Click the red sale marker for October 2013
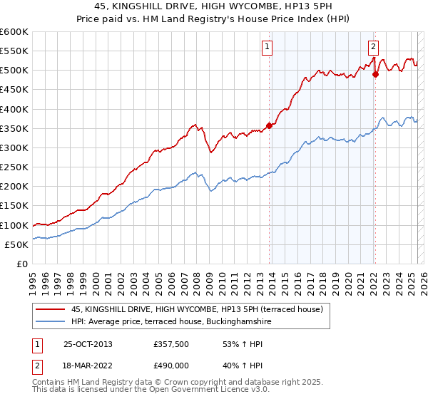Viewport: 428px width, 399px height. click(x=269, y=126)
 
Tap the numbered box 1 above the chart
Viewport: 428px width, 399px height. click(x=266, y=48)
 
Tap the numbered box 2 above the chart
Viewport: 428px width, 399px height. click(x=372, y=48)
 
